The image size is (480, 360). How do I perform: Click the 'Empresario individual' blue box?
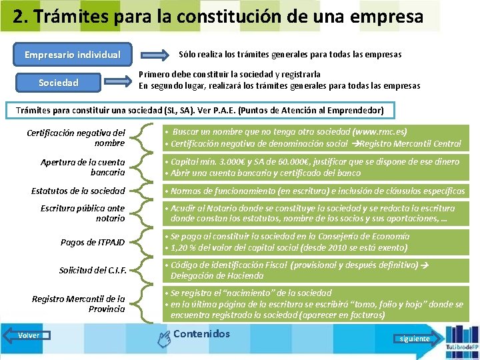pos(73,55)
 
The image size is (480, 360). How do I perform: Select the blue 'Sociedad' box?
pos(59,83)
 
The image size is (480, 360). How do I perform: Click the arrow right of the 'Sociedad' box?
pos(119,81)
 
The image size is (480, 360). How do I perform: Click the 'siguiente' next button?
pos(415,338)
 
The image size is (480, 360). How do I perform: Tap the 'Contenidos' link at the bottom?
pos(201,334)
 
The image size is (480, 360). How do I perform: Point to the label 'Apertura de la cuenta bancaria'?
pos(83,167)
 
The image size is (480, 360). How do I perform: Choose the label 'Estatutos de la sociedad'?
pos(78,191)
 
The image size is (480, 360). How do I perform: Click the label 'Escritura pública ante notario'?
pos(83,213)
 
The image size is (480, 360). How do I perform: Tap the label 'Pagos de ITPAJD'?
pos(93,242)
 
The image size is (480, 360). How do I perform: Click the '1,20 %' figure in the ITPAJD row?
pos(185,247)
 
